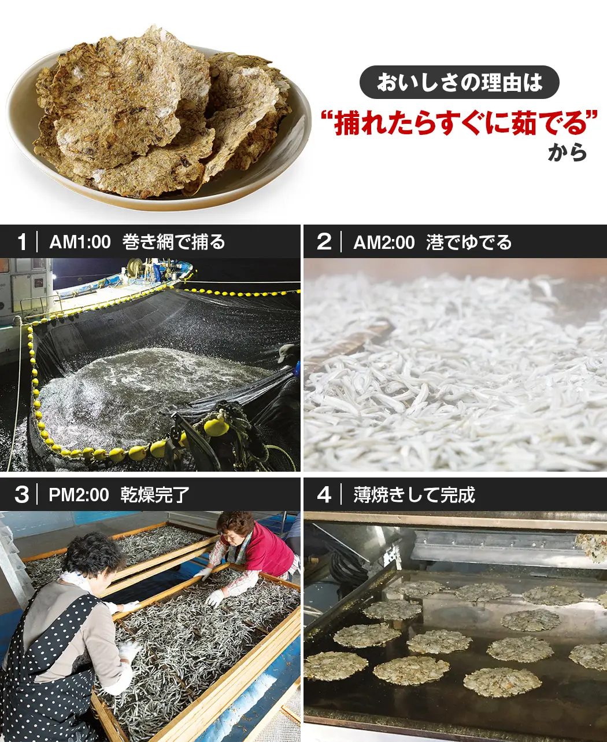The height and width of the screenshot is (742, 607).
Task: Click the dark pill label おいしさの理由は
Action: [x=459, y=82]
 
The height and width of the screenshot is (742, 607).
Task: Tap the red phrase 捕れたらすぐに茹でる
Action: [x=460, y=123]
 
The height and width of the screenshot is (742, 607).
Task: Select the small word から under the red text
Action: [x=567, y=153]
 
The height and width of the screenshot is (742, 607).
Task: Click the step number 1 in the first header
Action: [x=22, y=242]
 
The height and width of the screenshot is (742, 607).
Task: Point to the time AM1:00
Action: [x=80, y=243]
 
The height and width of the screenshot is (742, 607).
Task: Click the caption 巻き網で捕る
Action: [x=173, y=242]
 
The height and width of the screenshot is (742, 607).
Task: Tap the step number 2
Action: [x=324, y=242]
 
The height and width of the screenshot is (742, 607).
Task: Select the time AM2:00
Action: [x=384, y=243]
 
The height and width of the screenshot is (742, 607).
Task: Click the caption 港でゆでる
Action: [x=469, y=242]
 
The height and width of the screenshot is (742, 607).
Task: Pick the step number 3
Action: [x=21, y=495]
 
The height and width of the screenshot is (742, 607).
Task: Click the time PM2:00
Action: [x=79, y=495]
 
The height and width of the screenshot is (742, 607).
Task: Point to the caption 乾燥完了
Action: [x=155, y=495]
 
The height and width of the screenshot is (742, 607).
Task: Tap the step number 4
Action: [x=324, y=495]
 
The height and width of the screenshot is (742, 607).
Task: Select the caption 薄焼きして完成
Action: [x=414, y=495]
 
